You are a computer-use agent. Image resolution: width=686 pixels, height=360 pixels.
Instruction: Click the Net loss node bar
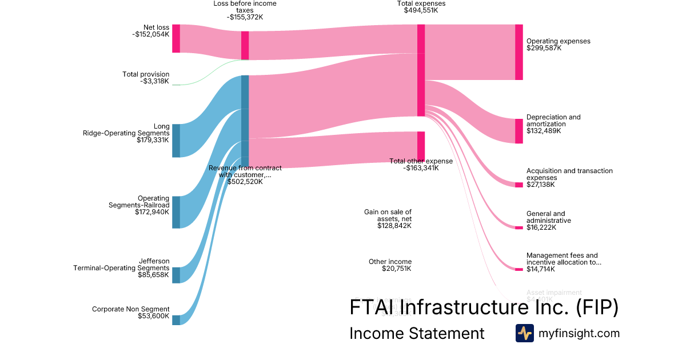click(176, 39)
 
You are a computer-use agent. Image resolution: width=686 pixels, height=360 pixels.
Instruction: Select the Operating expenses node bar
click(519, 52)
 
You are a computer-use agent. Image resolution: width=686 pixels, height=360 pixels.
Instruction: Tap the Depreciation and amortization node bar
click(519, 131)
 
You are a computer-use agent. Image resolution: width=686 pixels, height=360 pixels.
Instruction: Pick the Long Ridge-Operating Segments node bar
click(176, 140)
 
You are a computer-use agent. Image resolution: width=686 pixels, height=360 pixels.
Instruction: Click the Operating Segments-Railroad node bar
click(176, 212)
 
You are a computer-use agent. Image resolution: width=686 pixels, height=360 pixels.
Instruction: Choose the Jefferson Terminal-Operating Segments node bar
click(176, 275)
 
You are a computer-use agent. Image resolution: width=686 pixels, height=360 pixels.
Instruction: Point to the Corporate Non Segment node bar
click(176, 320)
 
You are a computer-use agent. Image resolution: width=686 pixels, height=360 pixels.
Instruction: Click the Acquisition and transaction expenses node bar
click(519, 185)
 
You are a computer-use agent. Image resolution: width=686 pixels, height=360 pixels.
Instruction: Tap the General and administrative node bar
click(519, 227)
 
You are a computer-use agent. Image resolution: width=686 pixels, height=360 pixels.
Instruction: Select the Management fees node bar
click(519, 269)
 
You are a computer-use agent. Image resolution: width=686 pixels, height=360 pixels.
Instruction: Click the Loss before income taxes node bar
click(245, 45)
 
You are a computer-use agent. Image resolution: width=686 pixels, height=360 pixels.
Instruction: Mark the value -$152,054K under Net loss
click(150, 34)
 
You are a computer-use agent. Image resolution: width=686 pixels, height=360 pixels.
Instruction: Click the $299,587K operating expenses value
click(544, 49)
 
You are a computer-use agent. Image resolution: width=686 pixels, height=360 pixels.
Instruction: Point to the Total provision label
click(146, 74)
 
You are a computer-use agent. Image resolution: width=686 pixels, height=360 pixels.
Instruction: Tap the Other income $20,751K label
click(390, 265)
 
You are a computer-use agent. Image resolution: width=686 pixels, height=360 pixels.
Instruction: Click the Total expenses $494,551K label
click(421, 7)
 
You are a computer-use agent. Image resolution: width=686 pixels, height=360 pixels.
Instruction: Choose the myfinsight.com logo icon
click(524, 333)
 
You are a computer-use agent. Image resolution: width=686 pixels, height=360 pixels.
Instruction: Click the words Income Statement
click(417, 334)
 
